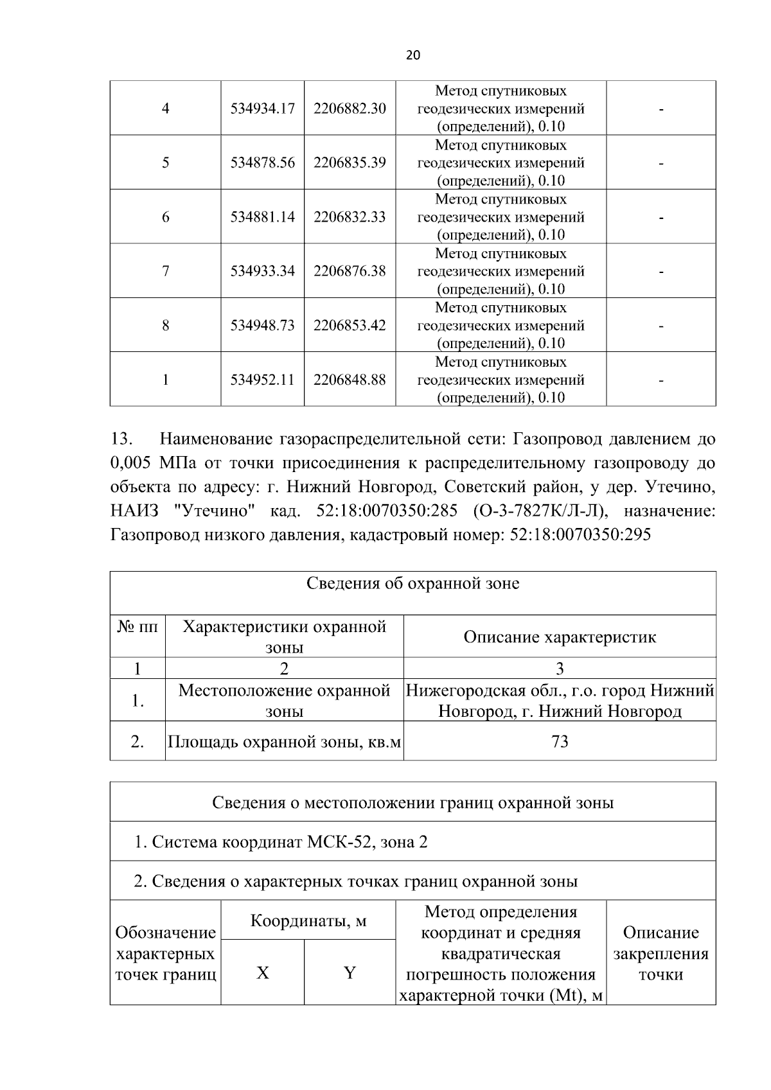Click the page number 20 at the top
coord(413,55)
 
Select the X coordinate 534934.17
coord(262,109)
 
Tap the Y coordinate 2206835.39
coord(350,163)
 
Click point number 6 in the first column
coord(165,217)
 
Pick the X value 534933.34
coord(262,271)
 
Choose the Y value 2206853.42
coord(350,326)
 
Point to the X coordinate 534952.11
coord(262,380)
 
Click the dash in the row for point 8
coord(660,326)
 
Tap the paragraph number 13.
coord(121,440)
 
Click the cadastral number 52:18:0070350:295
coord(580,534)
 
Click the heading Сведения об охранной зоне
coord(412,584)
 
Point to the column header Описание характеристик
coord(560,637)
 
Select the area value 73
coord(560,742)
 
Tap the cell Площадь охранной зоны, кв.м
coord(284,743)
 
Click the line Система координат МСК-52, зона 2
coord(281,841)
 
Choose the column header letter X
coord(262,973)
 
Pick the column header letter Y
coord(350,973)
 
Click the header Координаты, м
coord(308,922)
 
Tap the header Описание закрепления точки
coord(660,953)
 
